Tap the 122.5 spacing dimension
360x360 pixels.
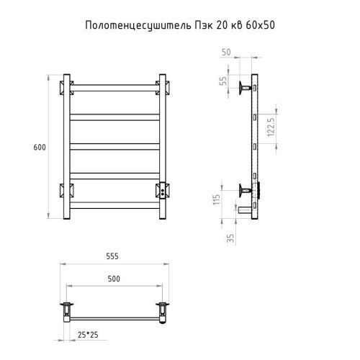tap(270, 127)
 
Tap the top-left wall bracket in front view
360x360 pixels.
tap(66, 86)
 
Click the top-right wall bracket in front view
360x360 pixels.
tap(161, 86)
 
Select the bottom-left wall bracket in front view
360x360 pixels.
tap(66, 192)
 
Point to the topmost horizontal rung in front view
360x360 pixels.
tap(114, 87)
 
